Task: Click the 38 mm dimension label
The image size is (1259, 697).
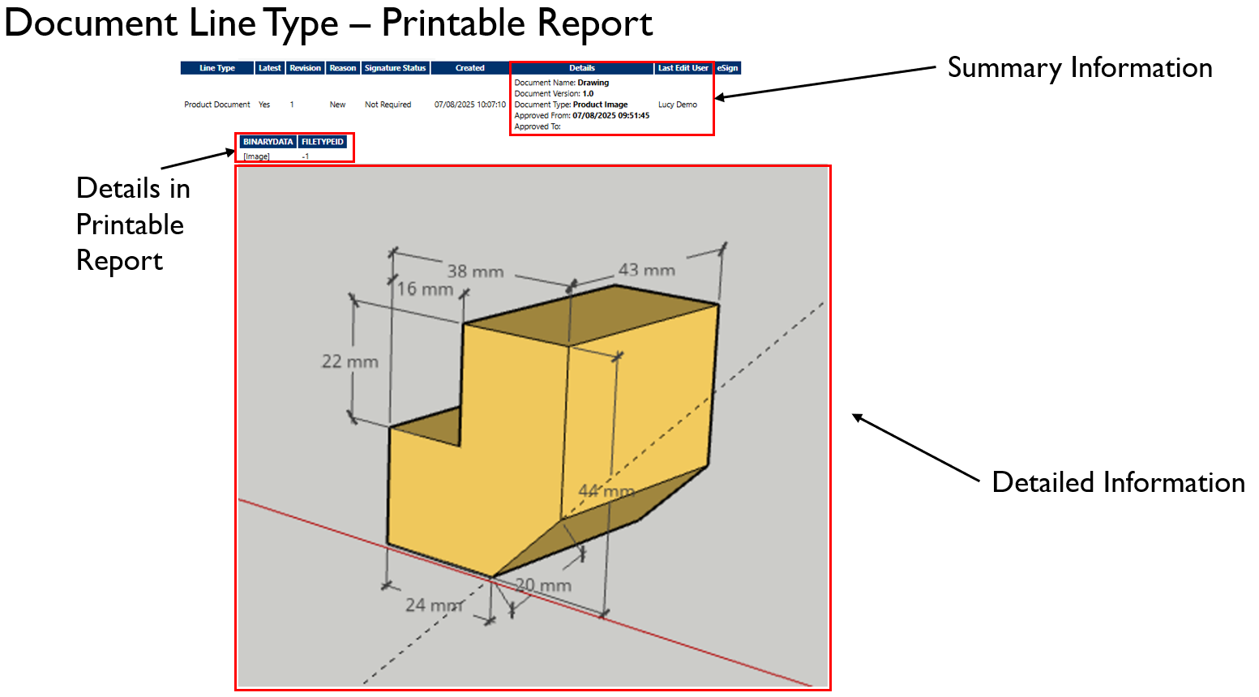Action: [x=475, y=272]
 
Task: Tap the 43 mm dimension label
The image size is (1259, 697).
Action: [x=646, y=270]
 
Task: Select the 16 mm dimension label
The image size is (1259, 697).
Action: [x=425, y=289]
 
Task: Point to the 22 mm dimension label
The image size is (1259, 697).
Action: [x=349, y=361]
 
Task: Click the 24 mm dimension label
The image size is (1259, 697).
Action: [x=434, y=605]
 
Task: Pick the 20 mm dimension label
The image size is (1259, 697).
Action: [x=543, y=585]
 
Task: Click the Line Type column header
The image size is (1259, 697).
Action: [x=217, y=68]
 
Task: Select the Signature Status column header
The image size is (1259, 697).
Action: [x=395, y=68]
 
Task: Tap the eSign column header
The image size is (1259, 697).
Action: [x=727, y=68]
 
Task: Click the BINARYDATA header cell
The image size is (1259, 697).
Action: [x=268, y=142]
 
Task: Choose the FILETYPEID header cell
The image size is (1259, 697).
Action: [x=323, y=142]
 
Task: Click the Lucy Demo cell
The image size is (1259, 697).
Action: [x=677, y=105]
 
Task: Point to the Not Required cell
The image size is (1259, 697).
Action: [x=388, y=105]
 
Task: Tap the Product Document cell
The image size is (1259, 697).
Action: [x=217, y=105]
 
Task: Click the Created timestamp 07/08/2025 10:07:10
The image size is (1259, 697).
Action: [x=469, y=105]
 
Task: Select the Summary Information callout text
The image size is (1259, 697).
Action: [x=1079, y=68]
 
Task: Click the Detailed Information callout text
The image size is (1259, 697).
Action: [x=1118, y=482]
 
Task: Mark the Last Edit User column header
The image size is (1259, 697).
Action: [x=683, y=68]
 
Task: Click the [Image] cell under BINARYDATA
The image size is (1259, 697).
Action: [x=256, y=156]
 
